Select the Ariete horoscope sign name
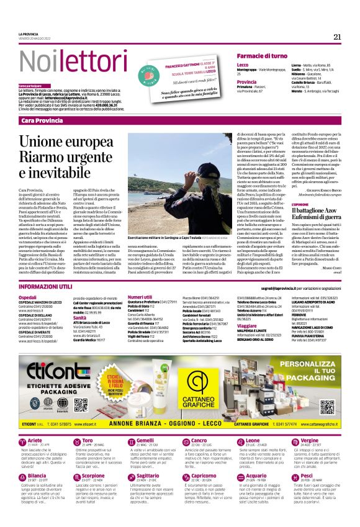37,423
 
